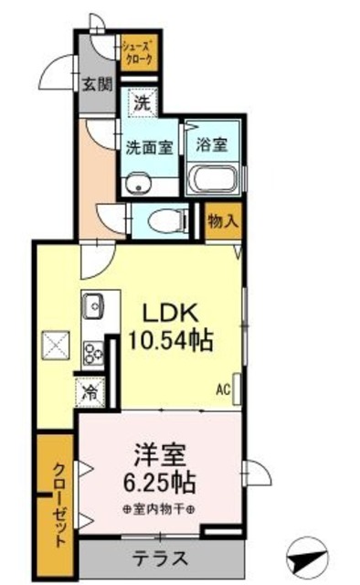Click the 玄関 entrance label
pyautogui.click(x=98, y=84)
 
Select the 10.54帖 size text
pyautogui.click(x=173, y=341)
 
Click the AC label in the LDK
pyautogui.click(x=222, y=388)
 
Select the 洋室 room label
pyautogui.click(x=161, y=454)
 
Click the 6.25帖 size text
pyautogui.click(x=161, y=482)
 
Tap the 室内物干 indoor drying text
pyautogui.click(x=161, y=508)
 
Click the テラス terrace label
pyautogui.click(x=163, y=558)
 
